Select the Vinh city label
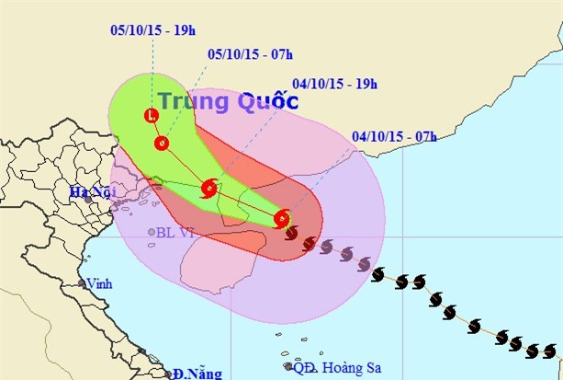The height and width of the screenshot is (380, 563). tap(98, 284)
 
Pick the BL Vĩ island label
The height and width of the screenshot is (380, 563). tap(176, 232)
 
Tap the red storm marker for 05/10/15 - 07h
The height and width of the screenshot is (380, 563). tap(162, 143)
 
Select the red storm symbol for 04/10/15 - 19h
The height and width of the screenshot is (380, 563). tap(208, 190)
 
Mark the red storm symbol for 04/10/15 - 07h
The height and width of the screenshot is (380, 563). tap(282, 219)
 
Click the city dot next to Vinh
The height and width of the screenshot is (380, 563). tap(82, 283)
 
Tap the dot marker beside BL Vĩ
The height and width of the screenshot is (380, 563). tap(152, 232)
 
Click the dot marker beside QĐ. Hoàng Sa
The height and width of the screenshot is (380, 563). tap(287, 367)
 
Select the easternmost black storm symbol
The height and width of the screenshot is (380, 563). tap(551, 351)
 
